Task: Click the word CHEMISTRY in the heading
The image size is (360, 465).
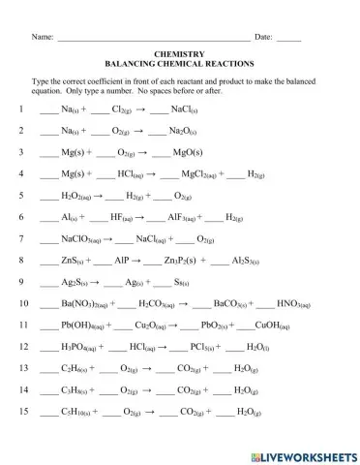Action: pos(179,55)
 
